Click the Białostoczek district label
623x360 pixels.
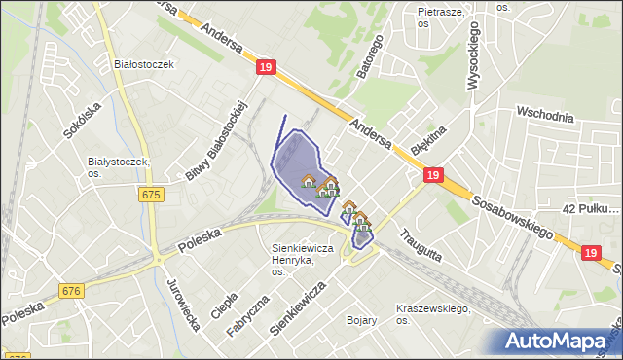click(x=143, y=64)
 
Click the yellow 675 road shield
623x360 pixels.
click(x=150, y=195)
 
